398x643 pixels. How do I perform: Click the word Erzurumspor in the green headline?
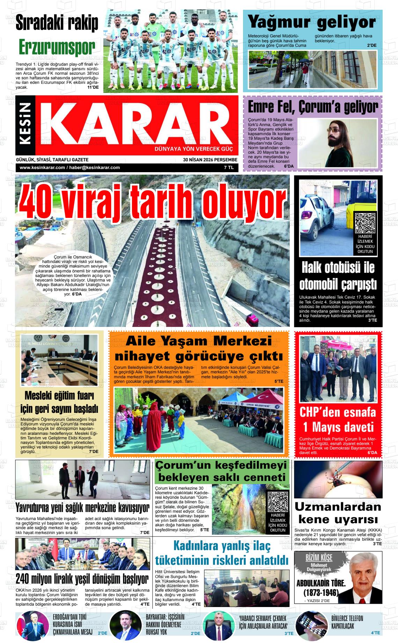coord(57,46)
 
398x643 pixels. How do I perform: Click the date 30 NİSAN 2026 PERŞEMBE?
coord(210,160)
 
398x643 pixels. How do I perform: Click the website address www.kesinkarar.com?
coord(42,168)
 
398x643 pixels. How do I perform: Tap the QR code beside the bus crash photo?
coord(365,222)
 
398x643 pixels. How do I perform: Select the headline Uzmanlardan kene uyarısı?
coord(338,512)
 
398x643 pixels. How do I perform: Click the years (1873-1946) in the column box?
coord(321,592)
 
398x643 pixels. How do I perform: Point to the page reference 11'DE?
coord(93,88)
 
